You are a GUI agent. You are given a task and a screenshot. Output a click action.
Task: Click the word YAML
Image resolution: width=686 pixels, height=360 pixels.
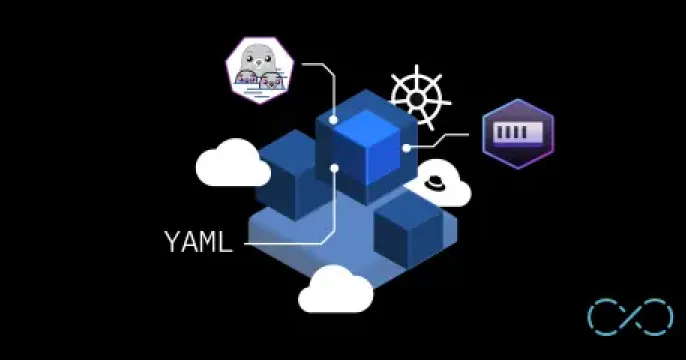click(x=198, y=241)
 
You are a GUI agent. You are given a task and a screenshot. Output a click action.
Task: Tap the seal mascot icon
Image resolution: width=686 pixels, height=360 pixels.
click(x=260, y=69)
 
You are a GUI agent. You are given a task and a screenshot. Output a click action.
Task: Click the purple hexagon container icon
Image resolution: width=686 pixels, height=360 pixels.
click(x=517, y=133)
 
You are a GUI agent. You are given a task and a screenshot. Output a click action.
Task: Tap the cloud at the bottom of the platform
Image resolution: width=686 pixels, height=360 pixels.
click(x=336, y=290)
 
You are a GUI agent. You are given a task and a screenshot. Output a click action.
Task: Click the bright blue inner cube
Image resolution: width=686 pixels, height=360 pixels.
click(x=369, y=145)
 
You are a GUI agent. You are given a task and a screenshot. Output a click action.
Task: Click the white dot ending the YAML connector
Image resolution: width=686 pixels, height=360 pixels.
click(x=334, y=167)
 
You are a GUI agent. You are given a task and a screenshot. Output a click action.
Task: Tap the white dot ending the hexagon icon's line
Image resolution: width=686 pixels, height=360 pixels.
click(x=407, y=146)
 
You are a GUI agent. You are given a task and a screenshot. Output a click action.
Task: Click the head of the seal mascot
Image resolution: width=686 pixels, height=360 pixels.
click(x=260, y=59)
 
